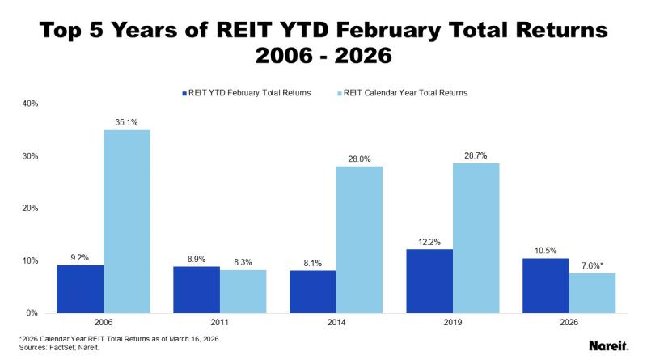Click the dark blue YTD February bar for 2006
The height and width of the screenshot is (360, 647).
click(80, 288)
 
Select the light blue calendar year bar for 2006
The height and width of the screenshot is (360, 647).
click(127, 221)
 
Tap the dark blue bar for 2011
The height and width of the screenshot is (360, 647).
click(197, 289)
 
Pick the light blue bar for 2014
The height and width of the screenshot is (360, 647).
click(360, 239)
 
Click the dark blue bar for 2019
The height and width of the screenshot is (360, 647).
click(429, 281)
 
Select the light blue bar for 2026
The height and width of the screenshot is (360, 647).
click(592, 292)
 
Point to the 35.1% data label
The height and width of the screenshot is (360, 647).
click(127, 122)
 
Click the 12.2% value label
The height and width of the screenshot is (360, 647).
click(429, 242)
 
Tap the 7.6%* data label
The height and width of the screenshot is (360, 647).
click(593, 265)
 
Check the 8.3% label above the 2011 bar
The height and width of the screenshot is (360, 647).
click(243, 262)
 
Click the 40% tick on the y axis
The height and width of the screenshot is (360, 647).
click(31, 104)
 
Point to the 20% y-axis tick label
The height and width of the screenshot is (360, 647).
click(31, 208)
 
